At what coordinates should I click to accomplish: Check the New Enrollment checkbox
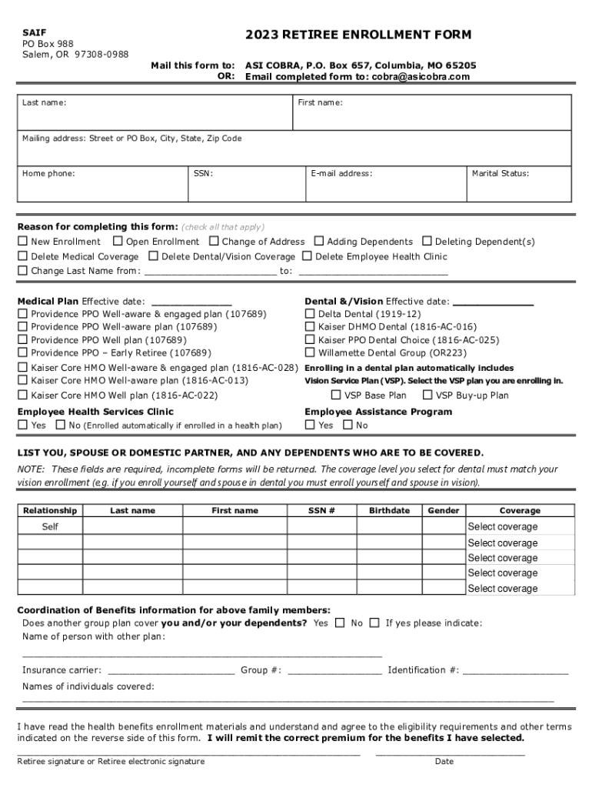point(23,242)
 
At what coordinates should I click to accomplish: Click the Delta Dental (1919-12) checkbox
point(311,314)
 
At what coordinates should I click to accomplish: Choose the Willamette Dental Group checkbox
point(311,353)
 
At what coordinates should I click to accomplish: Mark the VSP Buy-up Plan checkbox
point(427,396)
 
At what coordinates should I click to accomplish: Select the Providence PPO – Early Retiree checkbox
point(23,353)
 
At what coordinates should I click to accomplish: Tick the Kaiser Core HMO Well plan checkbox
point(23,396)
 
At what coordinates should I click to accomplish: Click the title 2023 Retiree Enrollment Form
point(358,35)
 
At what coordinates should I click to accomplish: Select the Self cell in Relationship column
point(50,527)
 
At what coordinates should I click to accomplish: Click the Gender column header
point(444,510)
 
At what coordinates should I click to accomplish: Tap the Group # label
point(260,670)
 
